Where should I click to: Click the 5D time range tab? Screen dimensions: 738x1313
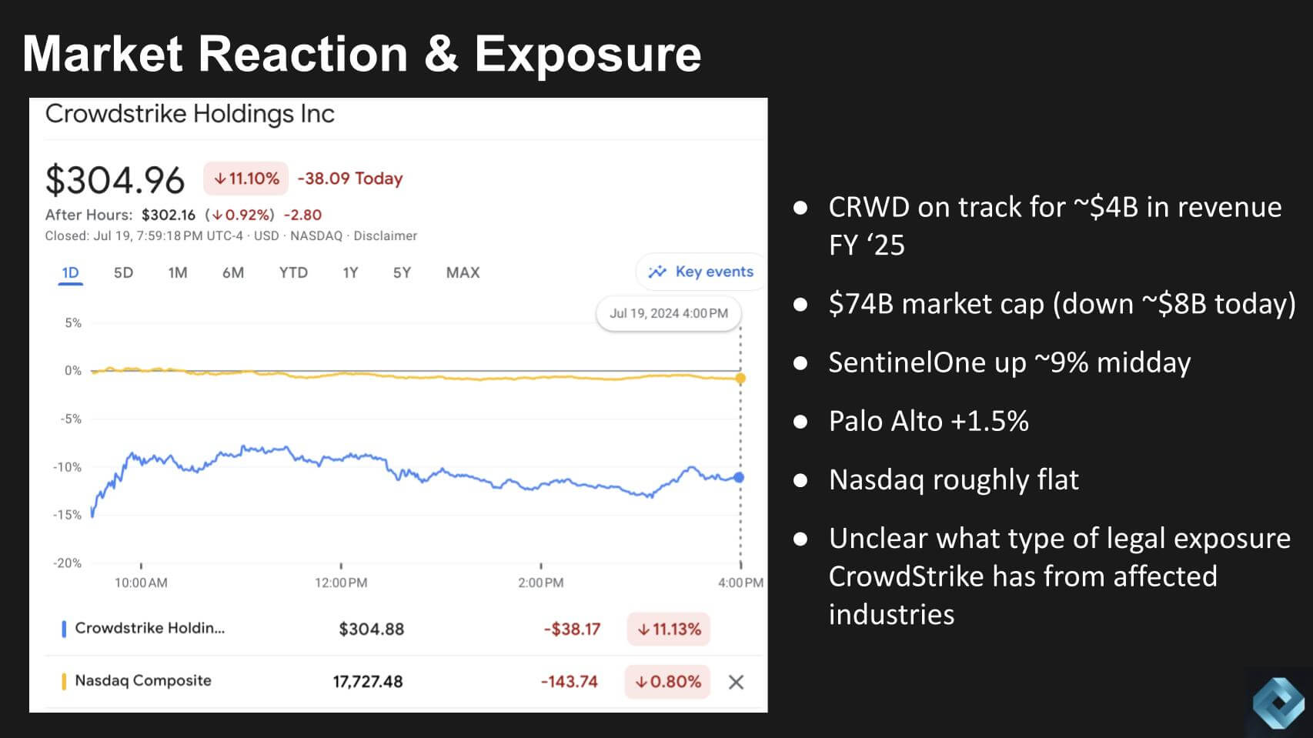pyautogui.click(x=123, y=272)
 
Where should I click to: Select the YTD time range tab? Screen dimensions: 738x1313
pyautogui.click(x=293, y=272)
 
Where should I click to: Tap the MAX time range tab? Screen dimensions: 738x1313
pyautogui.click(x=463, y=272)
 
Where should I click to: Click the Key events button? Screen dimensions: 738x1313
pyautogui.click(x=701, y=272)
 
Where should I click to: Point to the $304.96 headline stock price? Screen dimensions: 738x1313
pyautogui.click(x=115, y=181)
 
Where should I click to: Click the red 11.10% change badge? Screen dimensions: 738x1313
pyautogui.click(x=246, y=179)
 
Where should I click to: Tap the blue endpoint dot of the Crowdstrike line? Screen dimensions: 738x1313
pyautogui.click(x=740, y=477)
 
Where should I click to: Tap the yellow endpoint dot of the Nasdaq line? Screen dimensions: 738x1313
pyautogui.click(x=740, y=378)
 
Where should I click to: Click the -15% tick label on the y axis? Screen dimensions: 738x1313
pyautogui.click(x=67, y=515)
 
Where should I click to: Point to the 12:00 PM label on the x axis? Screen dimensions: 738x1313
pyautogui.click(x=341, y=583)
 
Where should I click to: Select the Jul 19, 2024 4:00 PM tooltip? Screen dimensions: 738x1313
pyautogui.click(x=668, y=313)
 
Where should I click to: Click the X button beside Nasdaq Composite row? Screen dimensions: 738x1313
pyautogui.click(x=736, y=682)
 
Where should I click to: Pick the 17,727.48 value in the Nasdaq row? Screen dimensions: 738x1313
pyautogui.click(x=368, y=682)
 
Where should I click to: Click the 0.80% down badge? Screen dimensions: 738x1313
pyautogui.click(x=667, y=682)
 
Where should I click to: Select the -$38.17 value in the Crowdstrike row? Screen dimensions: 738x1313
pyautogui.click(x=572, y=629)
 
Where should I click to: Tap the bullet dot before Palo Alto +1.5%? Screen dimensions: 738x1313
pyautogui.click(x=800, y=422)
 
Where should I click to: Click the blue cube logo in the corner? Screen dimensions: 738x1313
pyautogui.click(x=1278, y=702)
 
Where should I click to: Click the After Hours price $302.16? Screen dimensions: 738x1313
pyautogui.click(x=169, y=215)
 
